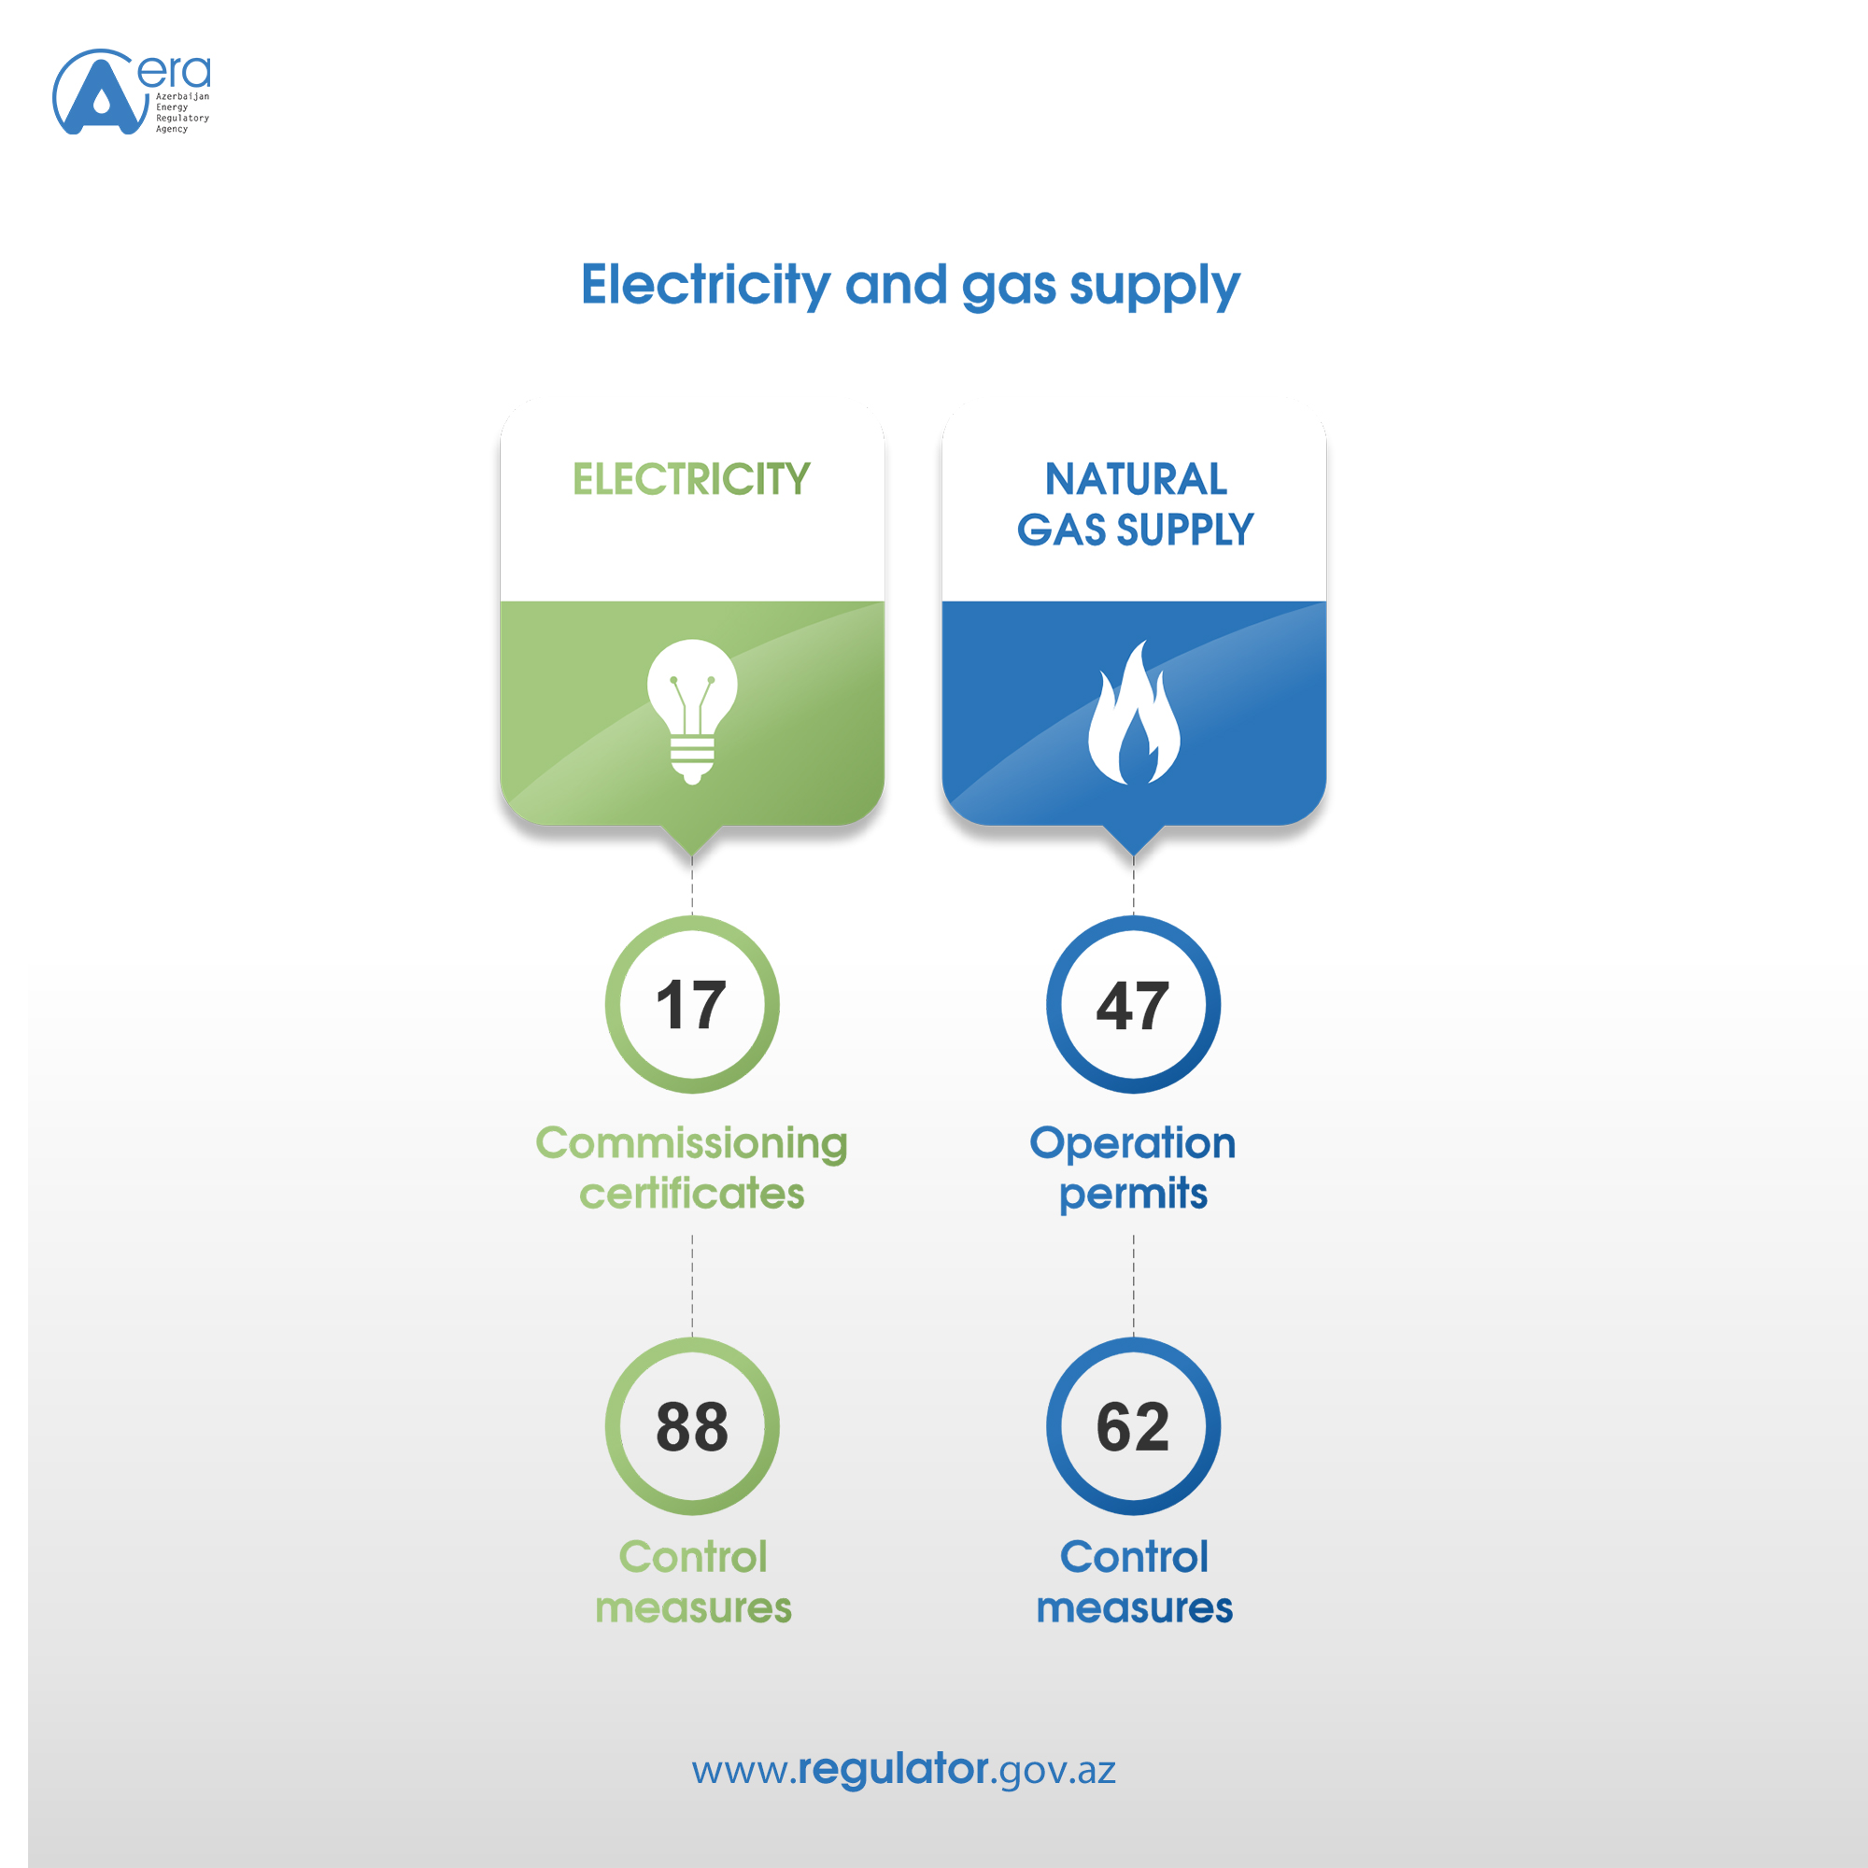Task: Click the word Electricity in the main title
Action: [x=705, y=285]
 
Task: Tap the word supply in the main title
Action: [x=1154, y=287]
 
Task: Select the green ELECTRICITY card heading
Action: [x=691, y=478]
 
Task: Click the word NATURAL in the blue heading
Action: [x=1135, y=478]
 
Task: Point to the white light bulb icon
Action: [x=692, y=711]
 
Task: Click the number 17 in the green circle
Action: [x=691, y=1005]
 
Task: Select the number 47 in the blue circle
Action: [x=1132, y=1006]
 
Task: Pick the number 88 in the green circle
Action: [x=691, y=1427]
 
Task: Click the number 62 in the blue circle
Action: [x=1132, y=1427]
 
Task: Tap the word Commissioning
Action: [x=691, y=1145]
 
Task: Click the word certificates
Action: [x=691, y=1194]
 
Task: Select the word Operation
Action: [x=1132, y=1145]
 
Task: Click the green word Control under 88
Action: [x=692, y=1557]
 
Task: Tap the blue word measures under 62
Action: [x=1134, y=1609]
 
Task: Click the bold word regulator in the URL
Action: [x=894, y=1769]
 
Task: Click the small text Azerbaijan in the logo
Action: [x=183, y=97]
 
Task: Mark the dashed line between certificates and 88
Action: [x=692, y=1285]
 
